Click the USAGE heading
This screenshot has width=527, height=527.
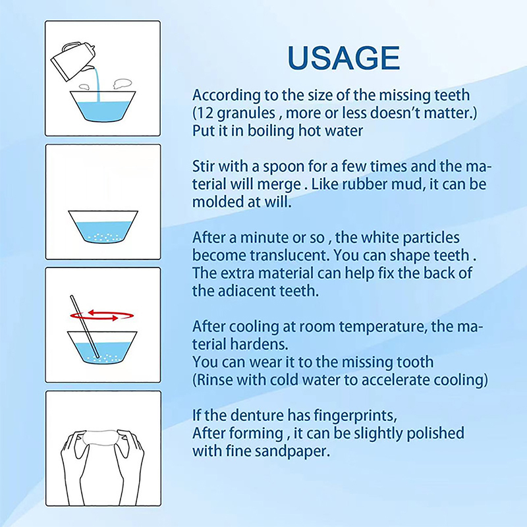pos(344,58)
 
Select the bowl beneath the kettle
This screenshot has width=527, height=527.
pos(103,106)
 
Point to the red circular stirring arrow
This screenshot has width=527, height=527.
pos(102,316)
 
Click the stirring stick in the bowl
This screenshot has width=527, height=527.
pos(85,327)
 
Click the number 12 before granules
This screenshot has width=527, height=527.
pos(205,113)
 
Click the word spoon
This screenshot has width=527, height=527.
pos(284,167)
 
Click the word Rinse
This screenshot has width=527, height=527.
pos(215,380)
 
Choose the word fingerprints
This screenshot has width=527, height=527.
pos(355,416)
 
